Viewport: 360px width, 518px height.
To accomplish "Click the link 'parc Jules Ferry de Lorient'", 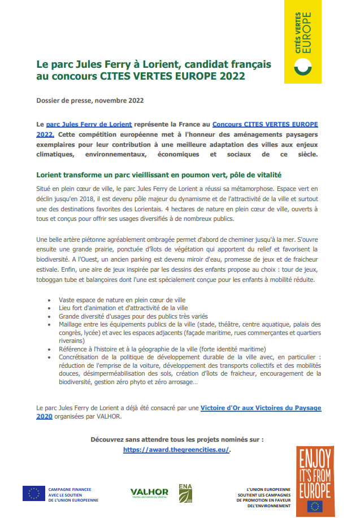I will [89, 124].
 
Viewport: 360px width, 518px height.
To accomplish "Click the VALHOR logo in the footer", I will [149, 493].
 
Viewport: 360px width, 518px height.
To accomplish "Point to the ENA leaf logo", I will [185, 493].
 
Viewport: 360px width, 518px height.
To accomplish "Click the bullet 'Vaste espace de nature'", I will [122, 299].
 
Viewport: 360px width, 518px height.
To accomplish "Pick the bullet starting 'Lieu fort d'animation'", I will [123, 308].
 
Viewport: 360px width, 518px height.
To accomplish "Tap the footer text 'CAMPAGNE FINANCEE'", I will [70, 489].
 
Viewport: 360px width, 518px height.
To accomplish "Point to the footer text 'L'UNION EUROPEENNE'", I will [268, 489].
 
